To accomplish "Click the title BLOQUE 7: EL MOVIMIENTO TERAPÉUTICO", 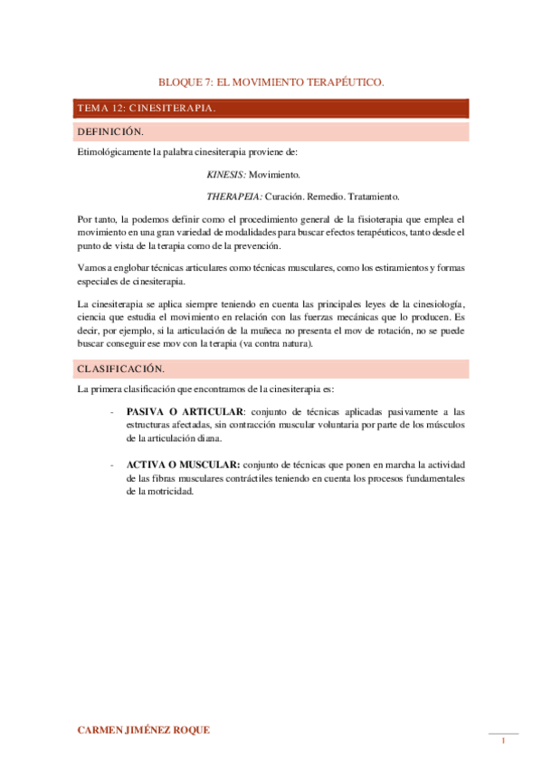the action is pyautogui.click(x=271, y=82).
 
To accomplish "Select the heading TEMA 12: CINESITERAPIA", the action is pyautogui.click(x=147, y=109).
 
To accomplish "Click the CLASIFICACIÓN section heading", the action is pyautogui.click(x=120, y=370).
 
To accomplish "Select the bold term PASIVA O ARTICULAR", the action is pyautogui.click(x=179, y=411).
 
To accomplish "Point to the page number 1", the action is pyautogui.click(x=503, y=742).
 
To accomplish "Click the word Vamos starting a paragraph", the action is pyautogui.click(x=92, y=267).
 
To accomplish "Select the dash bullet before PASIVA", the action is pyautogui.click(x=110, y=411).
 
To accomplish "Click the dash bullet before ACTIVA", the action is pyautogui.click(x=110, y=465).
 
